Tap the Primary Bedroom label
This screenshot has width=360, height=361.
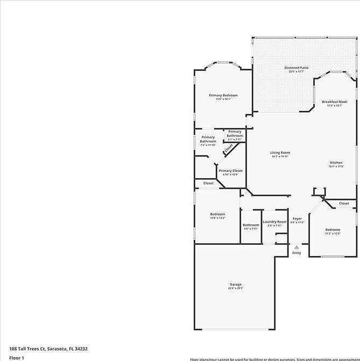[x=223, y=95]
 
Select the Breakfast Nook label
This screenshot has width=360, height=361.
[x=334, y=102]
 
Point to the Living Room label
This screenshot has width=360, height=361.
[x=280, y=153]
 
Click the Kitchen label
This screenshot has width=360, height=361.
[x=336, y=162]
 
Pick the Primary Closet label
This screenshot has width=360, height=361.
[x=230, y=171]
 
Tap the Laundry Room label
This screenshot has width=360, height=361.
[x=274, y=222]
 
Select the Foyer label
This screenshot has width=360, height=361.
[x=297, y=218]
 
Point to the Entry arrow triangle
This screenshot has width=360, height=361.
[x=297, y=247]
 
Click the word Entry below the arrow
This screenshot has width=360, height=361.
[x=297, y=253]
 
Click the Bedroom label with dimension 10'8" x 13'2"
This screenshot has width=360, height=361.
[x=217, y=214]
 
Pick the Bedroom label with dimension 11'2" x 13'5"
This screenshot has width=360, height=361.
[x=332, y=230]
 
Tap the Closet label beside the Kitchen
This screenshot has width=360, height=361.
[x=344, y=203]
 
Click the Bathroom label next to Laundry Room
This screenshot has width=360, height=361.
[x=251, y=225]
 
